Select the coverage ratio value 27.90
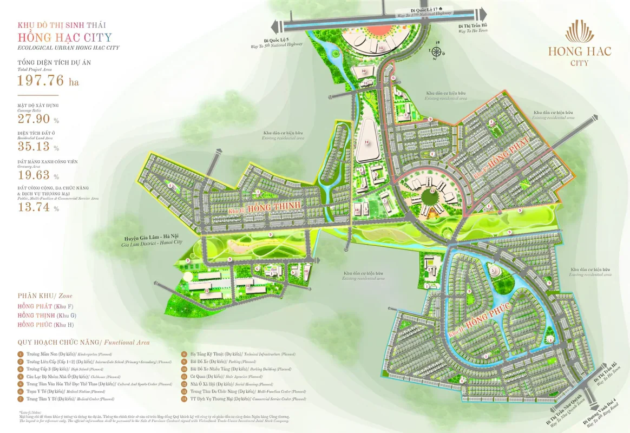point(34,120)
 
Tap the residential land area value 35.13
point(34,147)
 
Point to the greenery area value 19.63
point(34,175)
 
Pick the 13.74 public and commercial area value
point(34,207)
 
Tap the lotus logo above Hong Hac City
point(579,32)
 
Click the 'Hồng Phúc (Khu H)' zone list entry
point(47,324)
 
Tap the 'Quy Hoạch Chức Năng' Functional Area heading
point(83,343)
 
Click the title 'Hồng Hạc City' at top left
point(64,37)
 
